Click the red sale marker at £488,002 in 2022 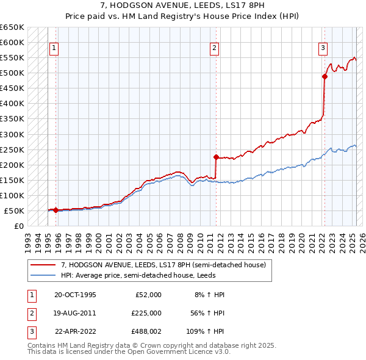coord(325,76)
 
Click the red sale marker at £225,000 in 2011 coord(216,157)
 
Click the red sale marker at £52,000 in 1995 coord(56,210)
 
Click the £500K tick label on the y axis coord(12,73)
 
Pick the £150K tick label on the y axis coord(12,180)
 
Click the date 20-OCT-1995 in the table coord(75,295)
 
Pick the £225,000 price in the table coord(146,313)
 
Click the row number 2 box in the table coord(30,313)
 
